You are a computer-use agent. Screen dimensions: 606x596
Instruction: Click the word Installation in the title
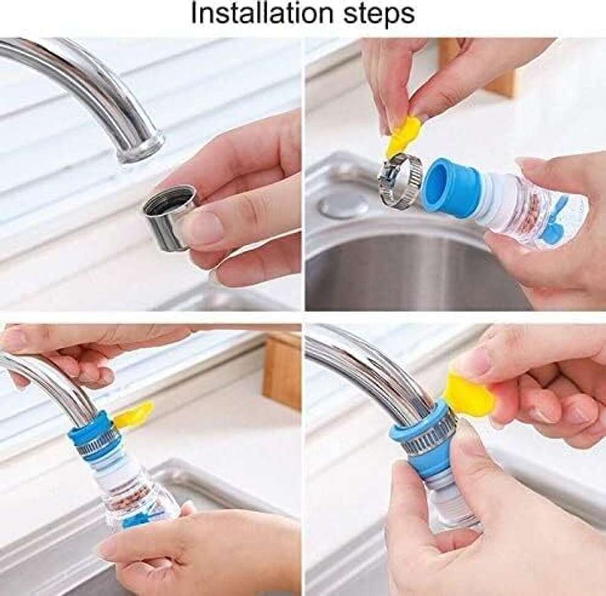coord(262,14)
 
